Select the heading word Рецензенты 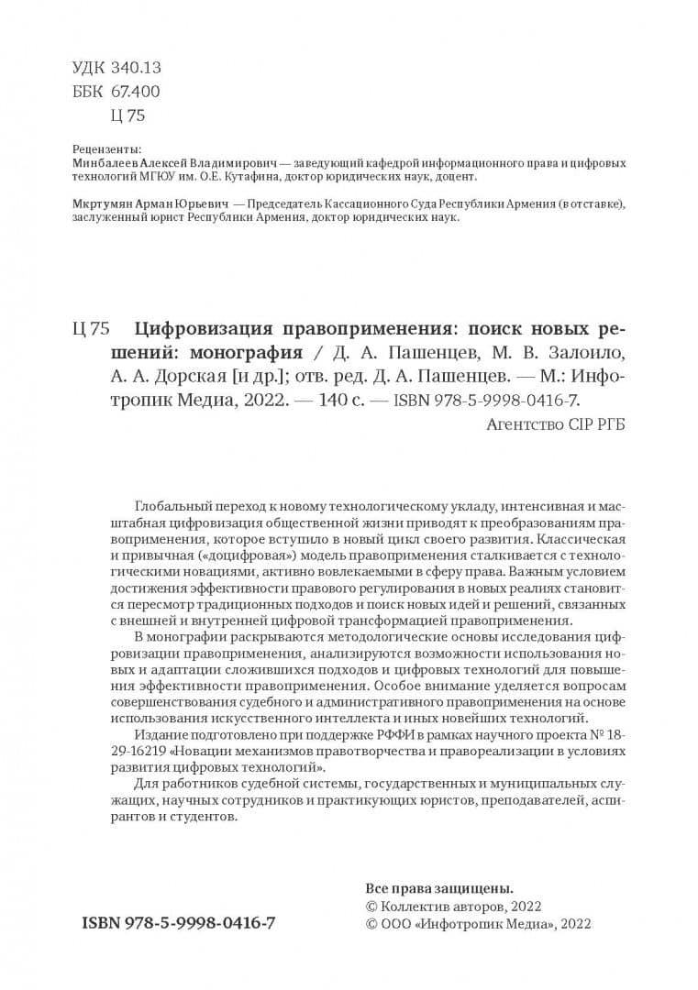coord(106,148)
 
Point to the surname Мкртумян coord(103,203)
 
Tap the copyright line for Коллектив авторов coord(453,906)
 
